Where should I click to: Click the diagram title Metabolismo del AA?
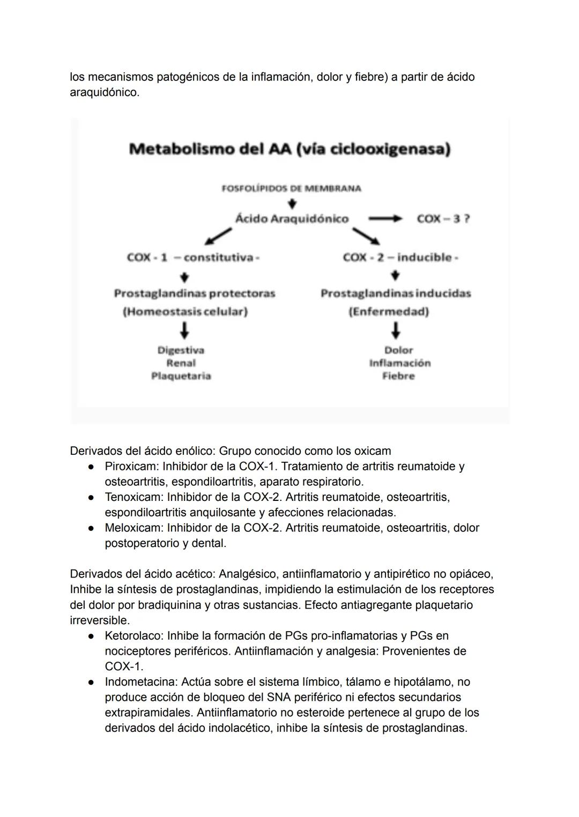(x=289, y=149)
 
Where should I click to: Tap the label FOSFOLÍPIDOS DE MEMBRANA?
(x=291, y=189)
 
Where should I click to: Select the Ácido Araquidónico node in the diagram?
(x=292, y=219)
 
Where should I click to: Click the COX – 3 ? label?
(x=443, y=219)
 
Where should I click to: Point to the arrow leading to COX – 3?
(x=384, y=219)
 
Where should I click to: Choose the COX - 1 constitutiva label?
(x=193, y=258)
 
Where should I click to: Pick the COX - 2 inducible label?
(x=400, y=258)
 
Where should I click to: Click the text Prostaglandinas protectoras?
(x=194, y=294)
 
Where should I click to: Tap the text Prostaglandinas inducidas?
(x=396, y=294)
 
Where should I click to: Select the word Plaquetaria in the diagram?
(x=181, y=376)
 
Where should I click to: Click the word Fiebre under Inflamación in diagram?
(x=398, y=376)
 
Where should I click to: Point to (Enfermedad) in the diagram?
(x=389, y=312)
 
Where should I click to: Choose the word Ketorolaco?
(x=133, y=636)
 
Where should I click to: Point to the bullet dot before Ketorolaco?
(x=92, y=636)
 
